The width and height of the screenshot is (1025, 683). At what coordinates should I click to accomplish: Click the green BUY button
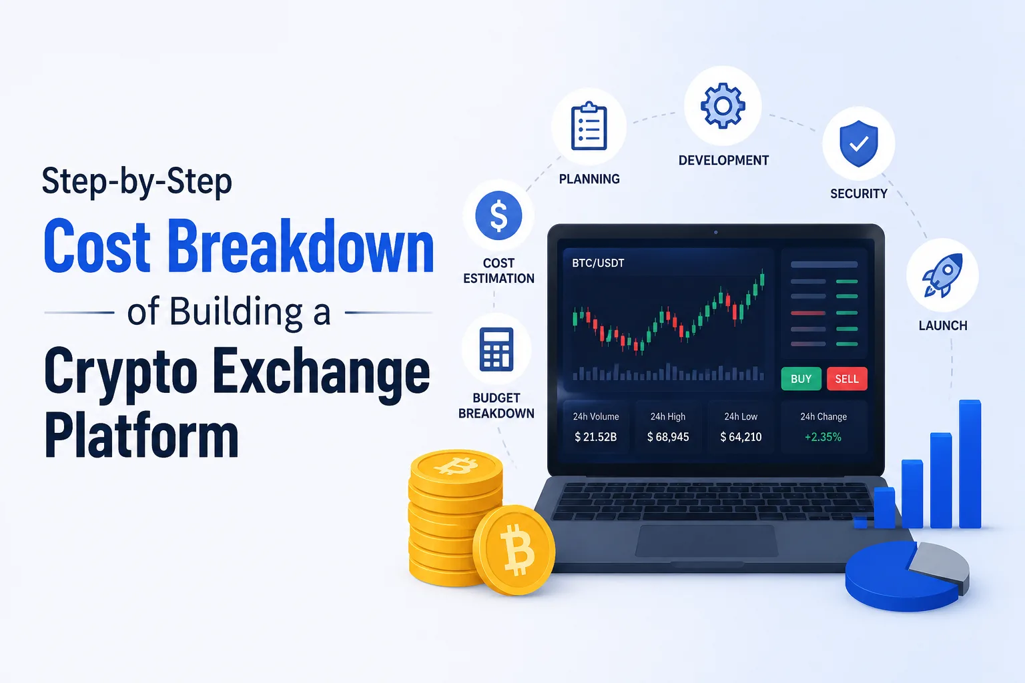click(x=801, y=379)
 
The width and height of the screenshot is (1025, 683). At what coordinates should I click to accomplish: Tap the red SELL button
click(x=847, y=379)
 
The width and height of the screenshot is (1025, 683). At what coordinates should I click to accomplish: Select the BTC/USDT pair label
click(x=598, y=263)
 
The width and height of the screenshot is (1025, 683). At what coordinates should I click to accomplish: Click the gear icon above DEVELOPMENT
click(x=723, y=105)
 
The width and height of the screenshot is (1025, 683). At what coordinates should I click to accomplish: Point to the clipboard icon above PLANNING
click(x=589, y=126)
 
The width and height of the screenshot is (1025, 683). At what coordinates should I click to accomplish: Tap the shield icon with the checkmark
click(x=858, y=143)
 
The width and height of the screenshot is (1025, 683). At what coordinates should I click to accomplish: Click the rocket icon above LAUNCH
click(x=943, y=275)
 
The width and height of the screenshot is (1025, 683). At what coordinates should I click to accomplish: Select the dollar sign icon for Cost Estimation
click(x=498, y=215)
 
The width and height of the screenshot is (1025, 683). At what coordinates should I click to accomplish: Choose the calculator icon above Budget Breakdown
click(x=496, y=349)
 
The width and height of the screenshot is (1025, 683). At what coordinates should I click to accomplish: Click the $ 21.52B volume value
click(x=596, y=437)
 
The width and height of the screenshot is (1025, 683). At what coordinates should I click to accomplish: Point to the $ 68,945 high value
click(x=668, y=437)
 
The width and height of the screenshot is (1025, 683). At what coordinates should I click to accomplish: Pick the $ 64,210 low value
click(x=741, y=437)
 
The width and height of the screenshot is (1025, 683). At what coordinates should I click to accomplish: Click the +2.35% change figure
click(x=823, y=437)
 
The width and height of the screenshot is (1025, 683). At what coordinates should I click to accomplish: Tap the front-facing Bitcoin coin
click(x=515, y=550)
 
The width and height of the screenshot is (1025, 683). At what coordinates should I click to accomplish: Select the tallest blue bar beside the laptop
click(x=970, y=464)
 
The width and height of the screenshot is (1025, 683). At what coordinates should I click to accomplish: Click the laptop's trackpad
click(x=707, y=541)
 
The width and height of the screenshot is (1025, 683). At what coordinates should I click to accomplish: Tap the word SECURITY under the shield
click(x=859, y=193)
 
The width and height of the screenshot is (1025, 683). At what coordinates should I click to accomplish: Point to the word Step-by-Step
click(x=137, y=181)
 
